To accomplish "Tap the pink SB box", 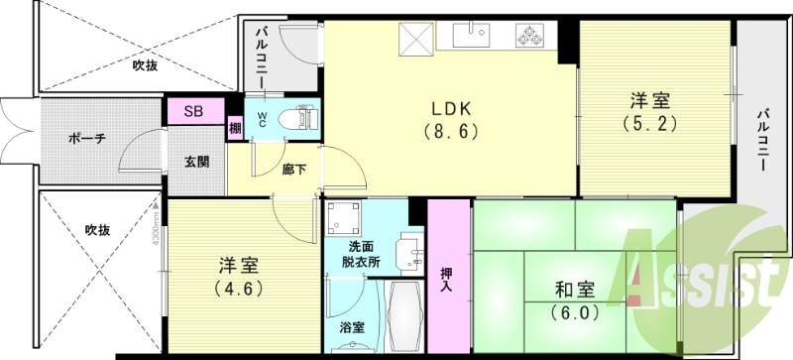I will pyautogui.click(x=194, y=111).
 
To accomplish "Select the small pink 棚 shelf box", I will pyautogui.click(x=235, y=128).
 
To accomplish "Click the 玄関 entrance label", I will pyautogui.click(x=195, y=163).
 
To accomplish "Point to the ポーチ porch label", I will pyautogui.click(x=87, y=138).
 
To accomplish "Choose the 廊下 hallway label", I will pyautogui.click(x=293, y=169).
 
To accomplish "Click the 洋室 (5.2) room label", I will pyautogui.click(x=649, y=111).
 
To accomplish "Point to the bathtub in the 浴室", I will pyautogui.click(x=401, y=317).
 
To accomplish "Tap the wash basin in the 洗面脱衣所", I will pyautogui.click(x=406, y=253).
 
